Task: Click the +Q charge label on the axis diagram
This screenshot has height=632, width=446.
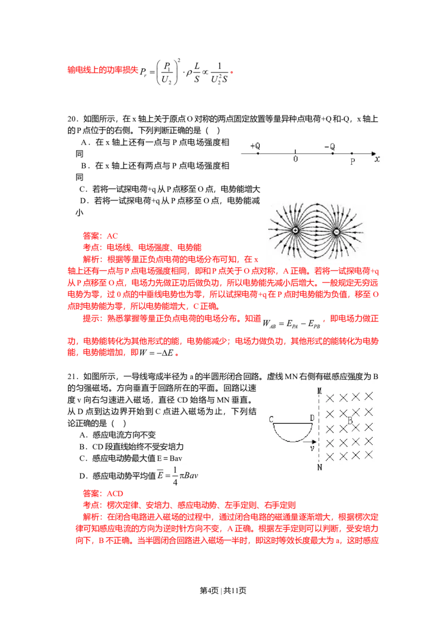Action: [255, 146]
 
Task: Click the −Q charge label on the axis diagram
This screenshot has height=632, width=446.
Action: [329, 146]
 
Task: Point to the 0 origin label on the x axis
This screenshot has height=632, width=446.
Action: [295, 159]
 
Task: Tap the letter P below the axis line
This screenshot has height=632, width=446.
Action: [352, 161]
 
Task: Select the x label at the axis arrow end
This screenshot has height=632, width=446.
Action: [377, 159]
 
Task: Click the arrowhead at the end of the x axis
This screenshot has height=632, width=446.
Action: [374, 153]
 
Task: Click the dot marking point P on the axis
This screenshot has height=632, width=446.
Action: [352, 153]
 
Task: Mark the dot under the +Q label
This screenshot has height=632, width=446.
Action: [258, 153]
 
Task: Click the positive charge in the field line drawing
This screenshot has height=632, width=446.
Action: [295, 231]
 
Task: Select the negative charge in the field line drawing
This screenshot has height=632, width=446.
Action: [336, 231]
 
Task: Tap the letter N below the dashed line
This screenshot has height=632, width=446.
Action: [319, 467]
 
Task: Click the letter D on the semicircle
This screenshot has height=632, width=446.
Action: [312, 418]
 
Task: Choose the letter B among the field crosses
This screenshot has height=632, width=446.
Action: [350, 420]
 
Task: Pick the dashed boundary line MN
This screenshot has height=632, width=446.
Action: [319, 428]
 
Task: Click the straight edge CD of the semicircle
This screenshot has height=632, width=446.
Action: [292, 424]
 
